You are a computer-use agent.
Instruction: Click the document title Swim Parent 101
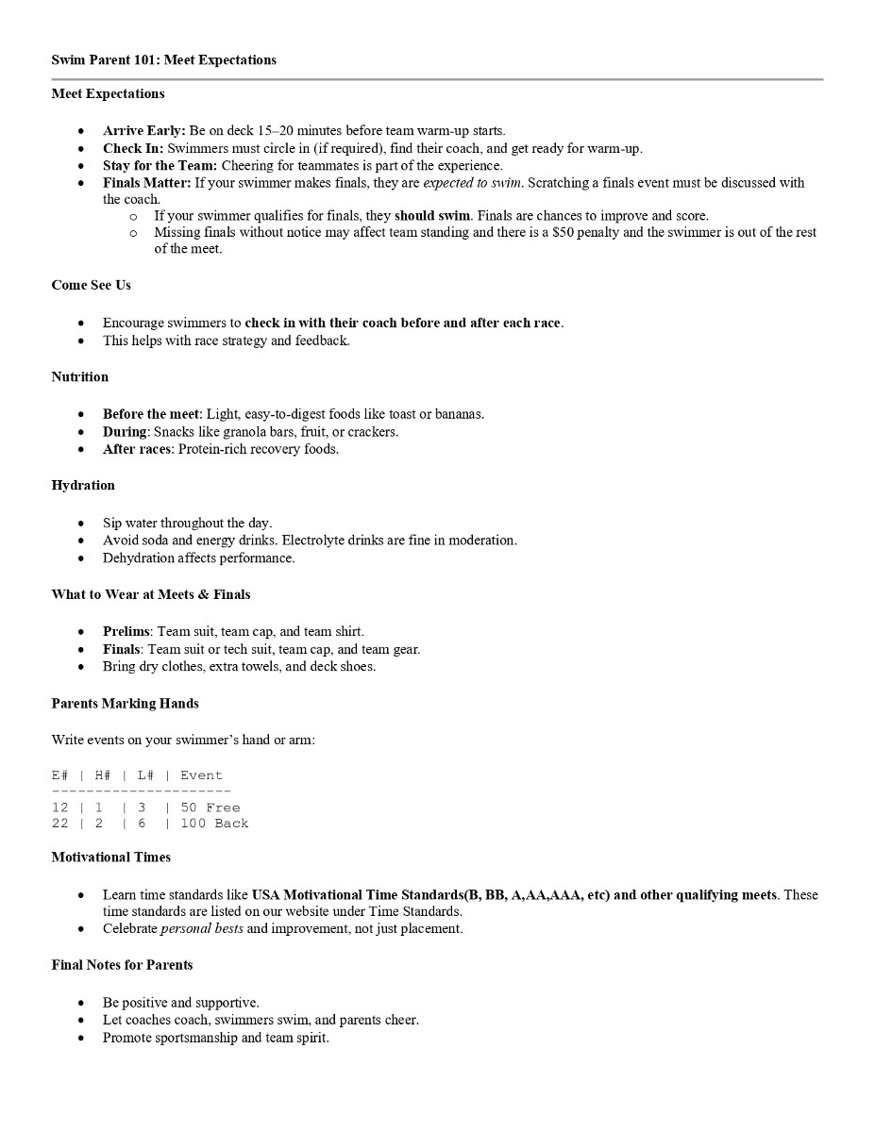point(163,59)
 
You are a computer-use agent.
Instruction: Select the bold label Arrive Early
point(143,130)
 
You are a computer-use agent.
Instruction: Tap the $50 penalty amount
point(564,232)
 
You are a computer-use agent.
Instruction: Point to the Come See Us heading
point(91,285)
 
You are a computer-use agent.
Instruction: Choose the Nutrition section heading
point(79,376)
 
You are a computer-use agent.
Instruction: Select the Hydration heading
point(83,485)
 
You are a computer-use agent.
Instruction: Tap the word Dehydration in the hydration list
point(138,558)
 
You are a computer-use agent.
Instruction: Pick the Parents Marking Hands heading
point(125,703)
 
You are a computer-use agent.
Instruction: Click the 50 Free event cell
point(210,807)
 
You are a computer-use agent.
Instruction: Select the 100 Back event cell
point(214,824)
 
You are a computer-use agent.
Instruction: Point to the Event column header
point(201,775)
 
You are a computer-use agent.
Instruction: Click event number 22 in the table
point(60,824)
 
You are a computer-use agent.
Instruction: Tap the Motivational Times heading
point(110,857)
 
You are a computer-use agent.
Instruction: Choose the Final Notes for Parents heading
point(122,964)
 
